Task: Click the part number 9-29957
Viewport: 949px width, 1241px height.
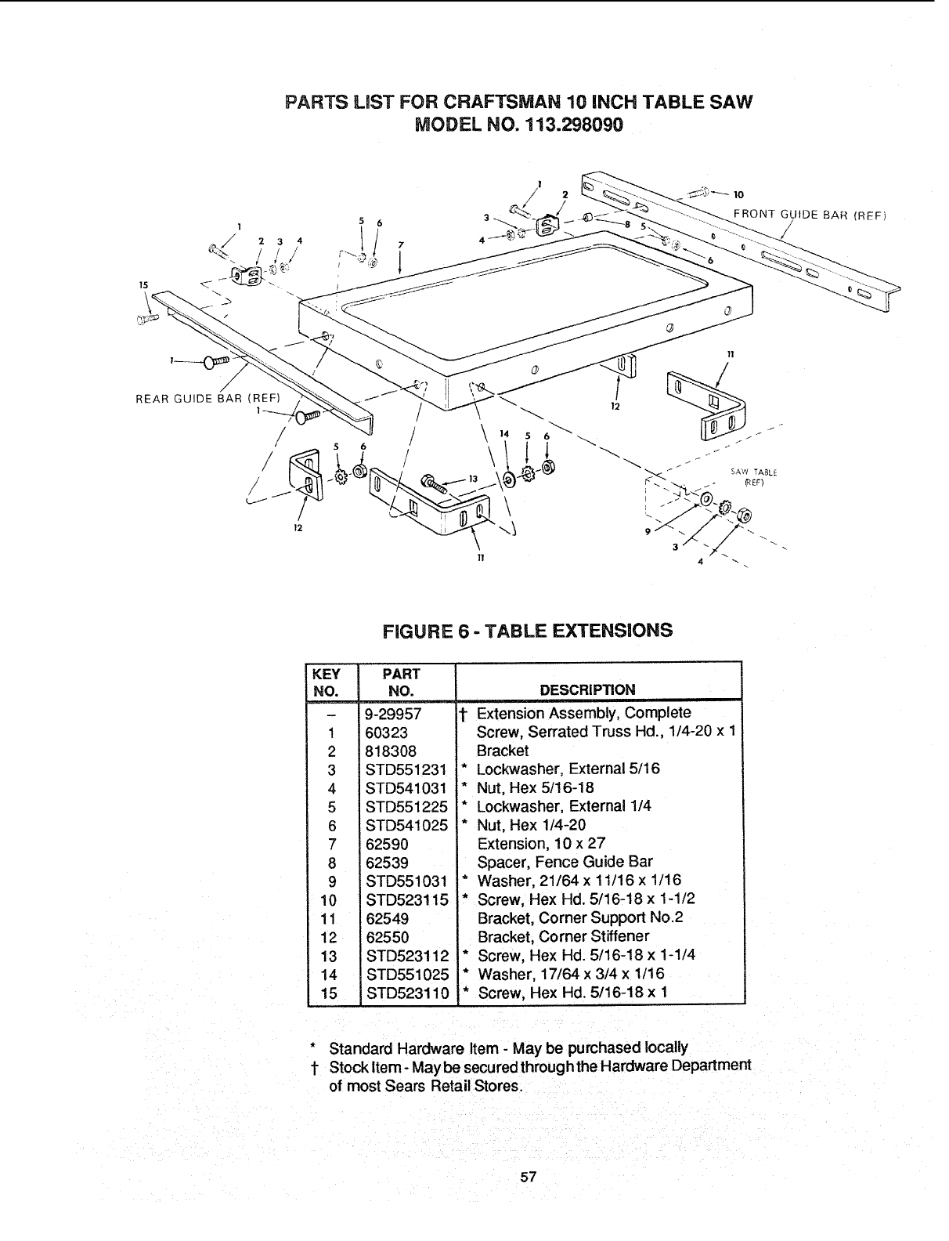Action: pos(393,714)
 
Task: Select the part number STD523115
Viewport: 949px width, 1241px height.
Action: pos(406,899)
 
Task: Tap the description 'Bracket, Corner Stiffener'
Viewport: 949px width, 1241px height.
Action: pos(563,936)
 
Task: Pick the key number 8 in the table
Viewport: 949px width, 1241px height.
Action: pos(332,863)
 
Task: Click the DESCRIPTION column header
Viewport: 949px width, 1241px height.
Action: pos(588,689)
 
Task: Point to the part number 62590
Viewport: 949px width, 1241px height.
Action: pos(387,844)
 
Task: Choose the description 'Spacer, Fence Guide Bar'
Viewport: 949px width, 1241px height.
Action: pos(565,863)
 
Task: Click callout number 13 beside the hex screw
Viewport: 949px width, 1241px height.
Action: pos(472,479)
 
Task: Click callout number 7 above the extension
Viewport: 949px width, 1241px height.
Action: pos(400,244)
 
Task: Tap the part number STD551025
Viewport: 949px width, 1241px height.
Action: pos(406,975)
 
